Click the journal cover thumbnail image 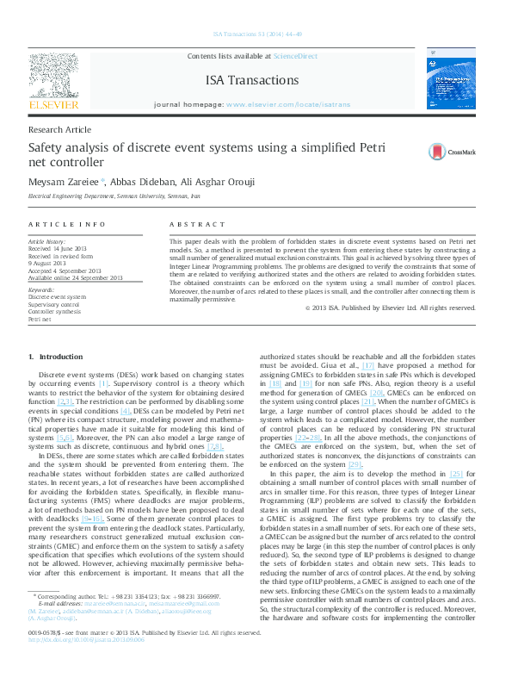(451, 82)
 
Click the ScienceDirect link (295, 56)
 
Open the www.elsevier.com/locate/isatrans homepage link (288, 103)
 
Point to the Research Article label (59, 129)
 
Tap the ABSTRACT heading (190, 224)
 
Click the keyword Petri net (40, 319)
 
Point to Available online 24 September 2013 (76, 277)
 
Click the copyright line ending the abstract (390, 308)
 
